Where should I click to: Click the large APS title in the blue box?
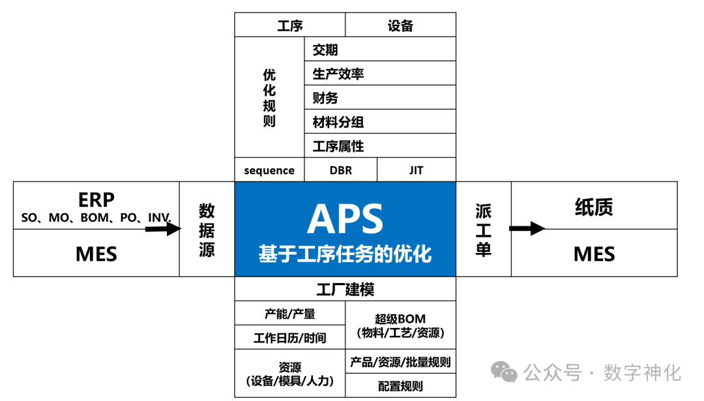coord(345,219)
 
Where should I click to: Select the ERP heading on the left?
coord(96,199)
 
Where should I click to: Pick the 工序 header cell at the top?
coord(290,25)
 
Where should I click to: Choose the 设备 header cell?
coord(400,25)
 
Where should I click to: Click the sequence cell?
coord(269,170)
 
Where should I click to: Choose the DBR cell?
coord(340,170)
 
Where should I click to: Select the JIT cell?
coord(416,170)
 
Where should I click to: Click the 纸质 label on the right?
coord(594,207)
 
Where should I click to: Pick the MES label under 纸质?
coord(594,254)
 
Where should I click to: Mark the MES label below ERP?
coord(96,254)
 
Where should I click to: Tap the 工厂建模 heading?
coord(345,290)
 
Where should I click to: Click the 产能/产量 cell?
coord(289,314)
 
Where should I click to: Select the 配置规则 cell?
coord(400,386)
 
